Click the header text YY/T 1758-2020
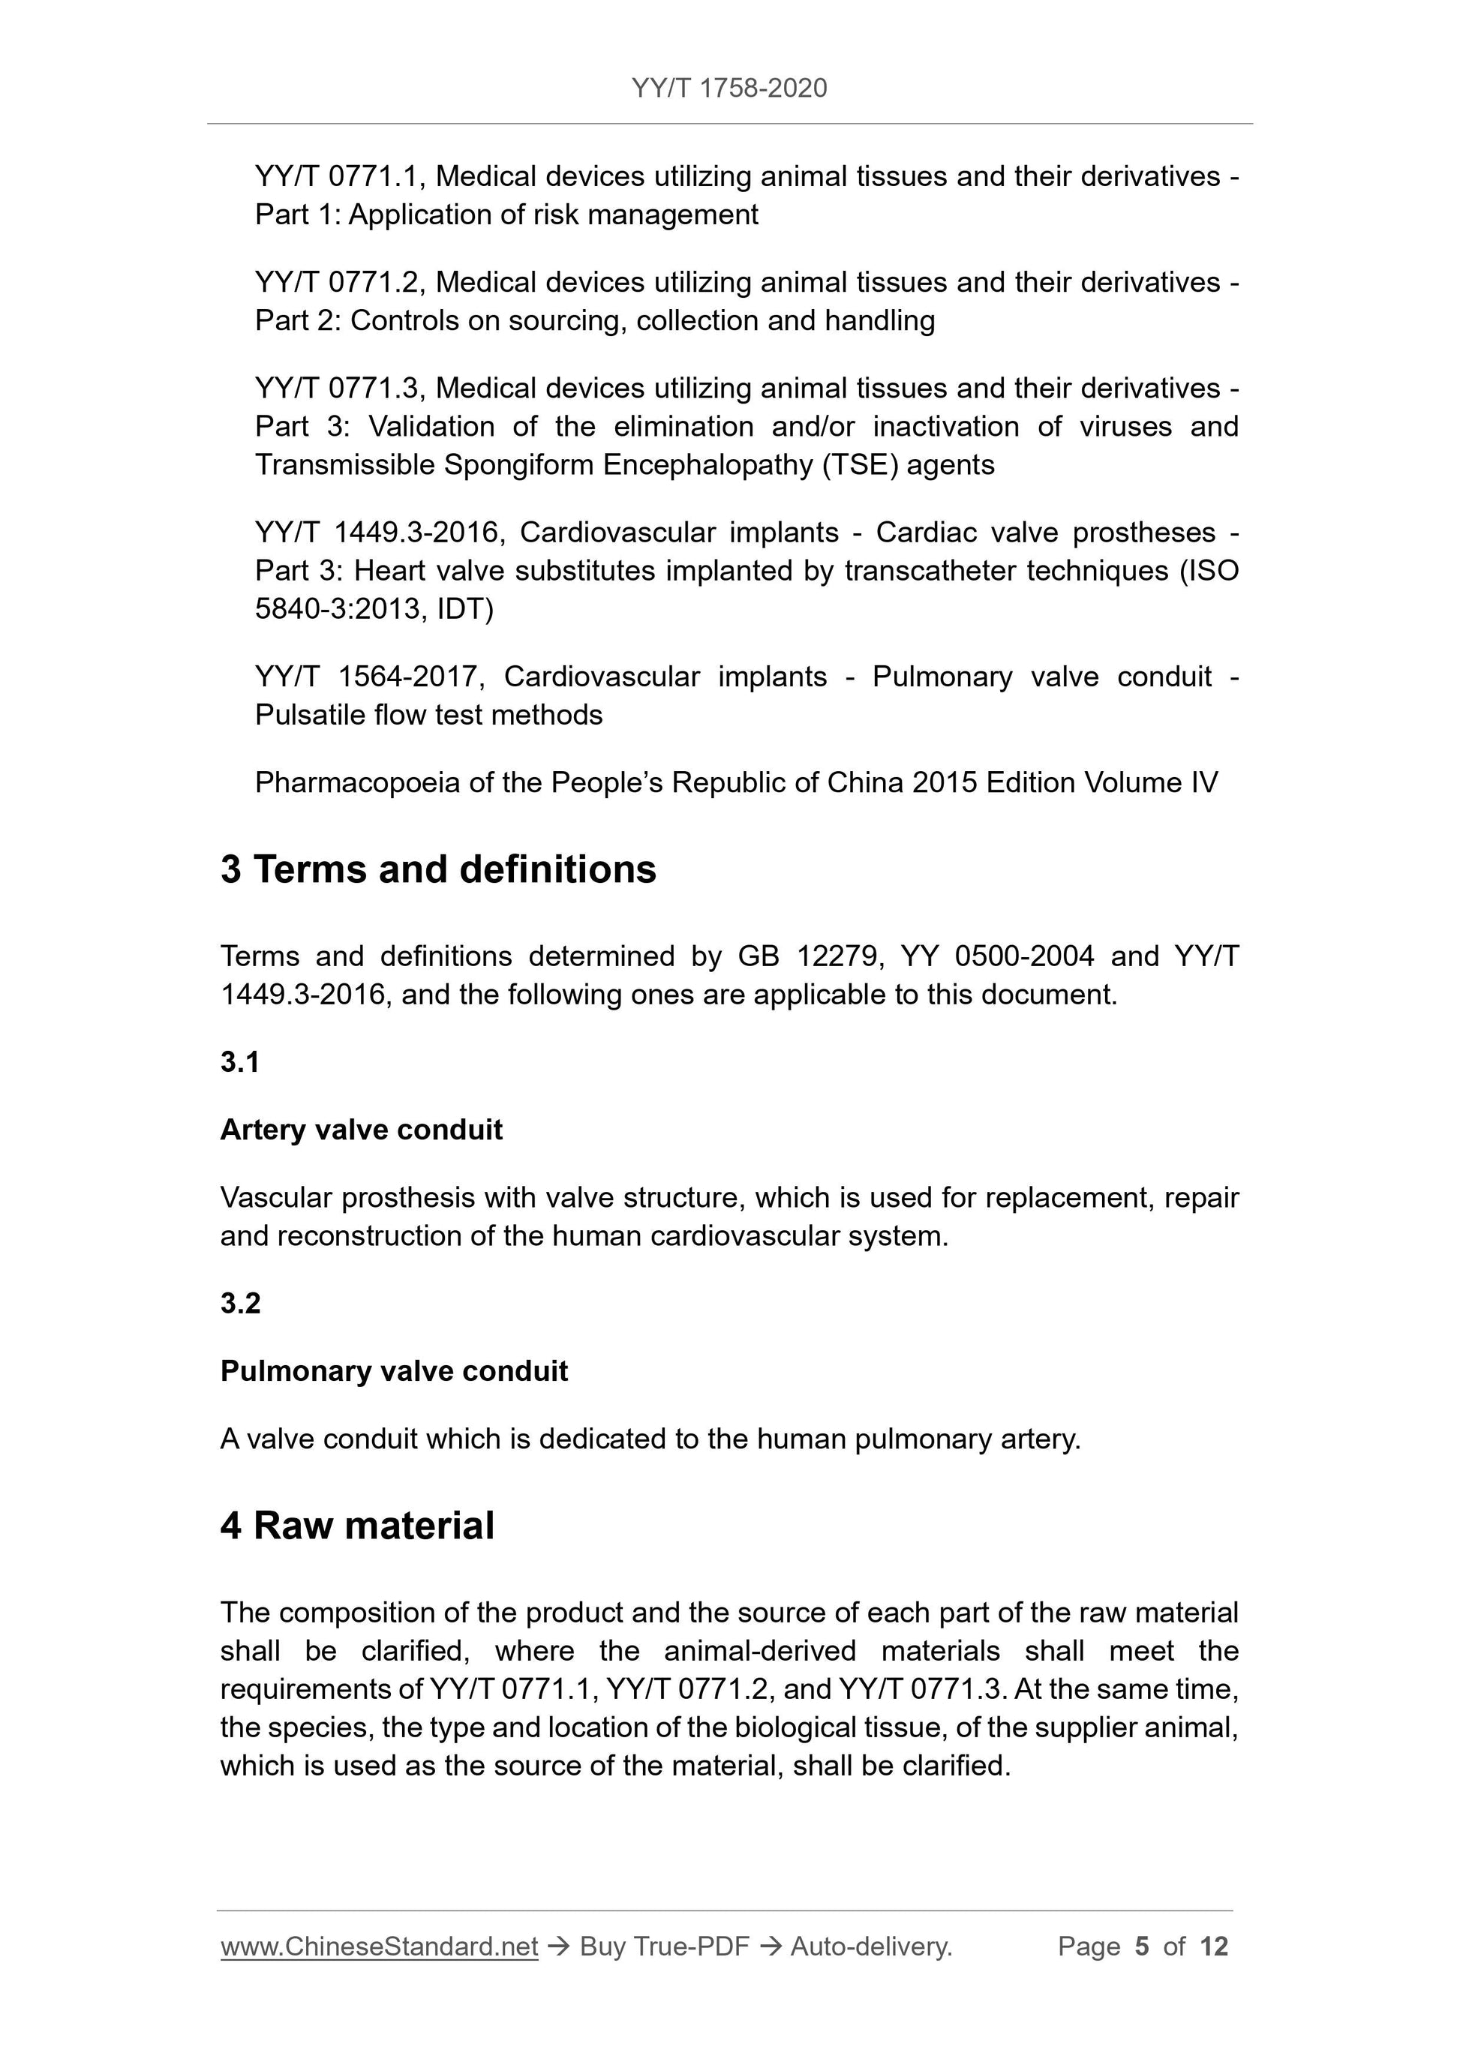pyautogui.click(x=728, y=89)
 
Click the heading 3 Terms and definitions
pyautogui.click(x=438, y=869)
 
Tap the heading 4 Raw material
pyautogui.click(x=357, y=1526)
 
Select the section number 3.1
pyautogui.click(x=240, y=1062)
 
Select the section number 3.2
pyautogui.click(x=240, y=1303)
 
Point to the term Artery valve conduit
pyautogui.click(x=361, y=1130)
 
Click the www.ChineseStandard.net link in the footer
pyautogui.click(x=379, y=1946)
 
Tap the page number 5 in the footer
pyautogui.click(x=1143, y=1946)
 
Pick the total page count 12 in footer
pyautogui.click(x=1213, y=1946)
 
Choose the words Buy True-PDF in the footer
pyautogui.click(x=664, y=1946)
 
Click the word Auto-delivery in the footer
pyautogui.click(x=870, y=1946)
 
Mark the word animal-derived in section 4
pyautogui.click(x=759, y=1651)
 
